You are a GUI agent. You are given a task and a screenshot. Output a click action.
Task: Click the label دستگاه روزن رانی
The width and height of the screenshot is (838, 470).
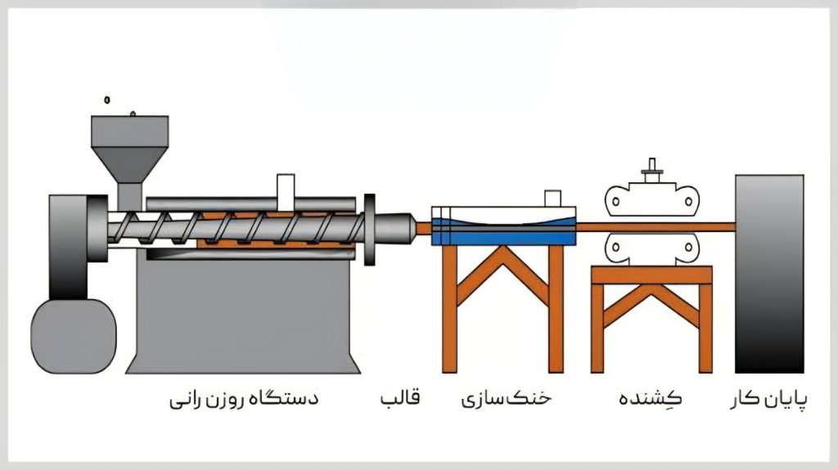pos(244,399)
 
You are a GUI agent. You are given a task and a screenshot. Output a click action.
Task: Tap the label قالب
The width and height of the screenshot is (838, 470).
pos(400,398)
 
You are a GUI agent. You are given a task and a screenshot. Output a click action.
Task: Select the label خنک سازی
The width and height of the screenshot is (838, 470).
pos(506,399)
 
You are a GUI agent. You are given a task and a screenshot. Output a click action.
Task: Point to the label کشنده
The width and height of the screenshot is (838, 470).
pos(651,398)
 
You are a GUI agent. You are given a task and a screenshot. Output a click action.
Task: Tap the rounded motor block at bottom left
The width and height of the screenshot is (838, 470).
pos(74,337)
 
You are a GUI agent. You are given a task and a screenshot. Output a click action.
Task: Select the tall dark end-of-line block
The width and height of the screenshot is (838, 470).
pos(769,274)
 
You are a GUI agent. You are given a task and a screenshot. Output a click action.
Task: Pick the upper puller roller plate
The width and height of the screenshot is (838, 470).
pos(652,201)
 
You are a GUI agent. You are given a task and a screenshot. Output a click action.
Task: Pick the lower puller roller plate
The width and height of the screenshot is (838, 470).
pos(652,248)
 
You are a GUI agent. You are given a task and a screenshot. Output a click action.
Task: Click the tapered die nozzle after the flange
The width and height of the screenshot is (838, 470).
pos(395,228)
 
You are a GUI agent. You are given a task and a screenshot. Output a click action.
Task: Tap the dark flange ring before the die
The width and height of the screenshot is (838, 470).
pos(369,230)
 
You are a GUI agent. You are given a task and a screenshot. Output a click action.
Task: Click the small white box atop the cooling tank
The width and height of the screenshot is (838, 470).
pos(552,198)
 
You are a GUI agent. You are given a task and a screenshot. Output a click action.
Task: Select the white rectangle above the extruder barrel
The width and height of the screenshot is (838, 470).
pos(286,192)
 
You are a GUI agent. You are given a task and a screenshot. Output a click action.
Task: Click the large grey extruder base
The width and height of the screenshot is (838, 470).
pos(243,316)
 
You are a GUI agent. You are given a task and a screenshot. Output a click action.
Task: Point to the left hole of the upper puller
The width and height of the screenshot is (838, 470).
pos(615,201)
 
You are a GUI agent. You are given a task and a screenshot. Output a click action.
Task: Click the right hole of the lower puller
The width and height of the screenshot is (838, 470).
pos(688,248)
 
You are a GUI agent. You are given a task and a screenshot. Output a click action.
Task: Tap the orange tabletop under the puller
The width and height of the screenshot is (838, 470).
pos(651,275)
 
